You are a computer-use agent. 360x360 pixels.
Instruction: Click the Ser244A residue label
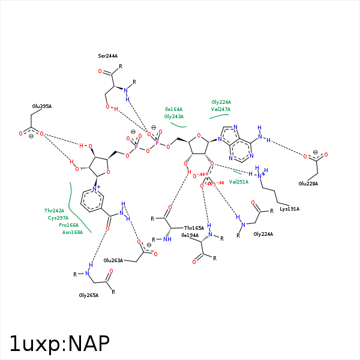coord(108,56)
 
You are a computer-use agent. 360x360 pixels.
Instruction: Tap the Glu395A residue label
coord(42,106)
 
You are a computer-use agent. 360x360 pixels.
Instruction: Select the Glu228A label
coord(308,184)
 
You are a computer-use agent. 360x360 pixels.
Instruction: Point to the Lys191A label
coord(289,209)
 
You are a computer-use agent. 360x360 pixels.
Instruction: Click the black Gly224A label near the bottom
coord(263,234)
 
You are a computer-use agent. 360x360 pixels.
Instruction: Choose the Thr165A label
coord(194,228)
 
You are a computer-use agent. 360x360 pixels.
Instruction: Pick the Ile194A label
coord(190,235)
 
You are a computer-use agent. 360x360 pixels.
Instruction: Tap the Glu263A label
coord(113,260)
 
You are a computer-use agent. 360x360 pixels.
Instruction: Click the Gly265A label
coord(89,295)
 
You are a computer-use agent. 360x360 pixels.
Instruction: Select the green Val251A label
coord(238,181)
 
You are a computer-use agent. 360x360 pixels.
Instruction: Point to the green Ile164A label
coord(174,109)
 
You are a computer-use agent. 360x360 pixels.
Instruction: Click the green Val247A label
coord(221,109)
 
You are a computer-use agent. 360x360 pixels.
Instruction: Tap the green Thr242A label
coord(54,211)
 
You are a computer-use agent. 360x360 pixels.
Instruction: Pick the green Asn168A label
coord(73,232)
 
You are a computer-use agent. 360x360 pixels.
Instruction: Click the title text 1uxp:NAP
coord(59,343)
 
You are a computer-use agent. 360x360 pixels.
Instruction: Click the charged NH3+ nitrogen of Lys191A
coord(259,175)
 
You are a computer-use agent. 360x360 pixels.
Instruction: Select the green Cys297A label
coord(58,218)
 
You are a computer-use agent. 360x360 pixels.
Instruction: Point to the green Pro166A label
coord(68,224)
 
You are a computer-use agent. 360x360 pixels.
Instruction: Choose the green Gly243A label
coord(174,116)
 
